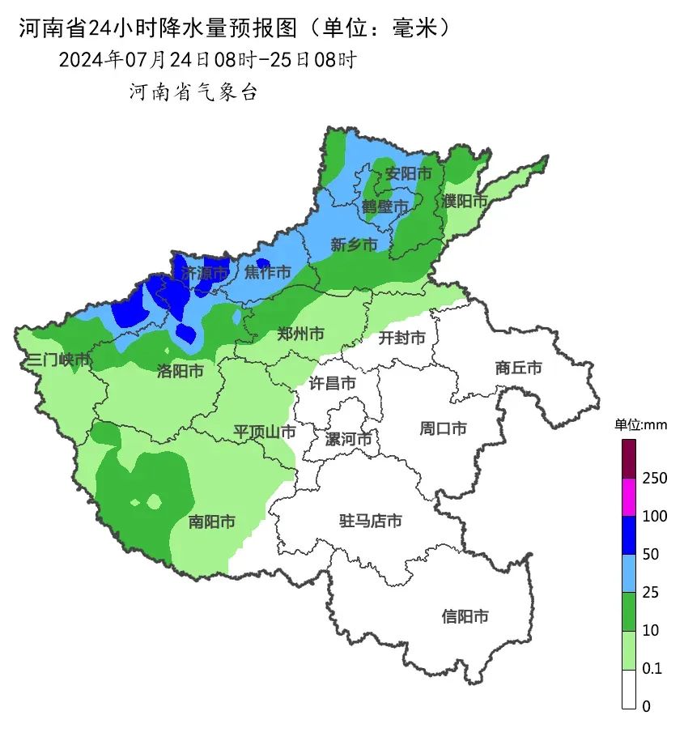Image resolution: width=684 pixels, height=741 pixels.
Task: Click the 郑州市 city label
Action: coord(300,334)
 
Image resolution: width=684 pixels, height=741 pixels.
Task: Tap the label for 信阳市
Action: coord(465,616)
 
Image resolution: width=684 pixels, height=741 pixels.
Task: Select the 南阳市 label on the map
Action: coord(211,522)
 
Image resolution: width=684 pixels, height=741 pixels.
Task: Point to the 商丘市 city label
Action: coord(518,368)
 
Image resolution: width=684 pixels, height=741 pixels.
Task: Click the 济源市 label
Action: coord(204,273)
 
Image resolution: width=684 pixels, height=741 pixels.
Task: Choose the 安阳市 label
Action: coord(407,173)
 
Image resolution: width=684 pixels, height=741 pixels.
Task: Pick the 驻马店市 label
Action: coord(370,521)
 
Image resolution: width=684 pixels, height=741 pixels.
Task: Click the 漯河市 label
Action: coord(348,439)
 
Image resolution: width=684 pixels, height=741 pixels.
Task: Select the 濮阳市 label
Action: coord(465,200)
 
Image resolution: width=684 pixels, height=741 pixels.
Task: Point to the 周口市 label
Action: coord(443,428)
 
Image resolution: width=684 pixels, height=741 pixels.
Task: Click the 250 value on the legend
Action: coord(654,478)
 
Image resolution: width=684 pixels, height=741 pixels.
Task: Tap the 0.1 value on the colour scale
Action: coord(652,668)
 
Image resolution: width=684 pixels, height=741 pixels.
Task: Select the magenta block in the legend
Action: coord(629,496)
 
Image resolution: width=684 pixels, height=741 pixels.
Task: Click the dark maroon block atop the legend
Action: coord(629,458)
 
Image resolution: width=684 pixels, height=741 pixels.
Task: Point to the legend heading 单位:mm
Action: coord(639,424)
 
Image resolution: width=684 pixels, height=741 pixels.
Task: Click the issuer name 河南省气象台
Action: coord(193,92)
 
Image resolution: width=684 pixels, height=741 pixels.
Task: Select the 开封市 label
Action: coord(402,338)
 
